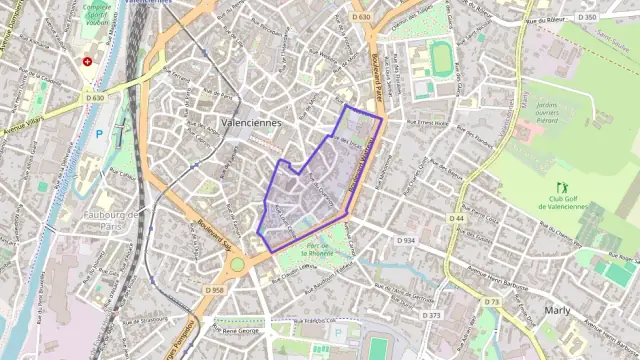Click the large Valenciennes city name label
coord(249,122)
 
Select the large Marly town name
coord(557,310)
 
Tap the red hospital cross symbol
coord(87,61)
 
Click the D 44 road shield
coord(457,217)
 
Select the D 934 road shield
coord(406,241)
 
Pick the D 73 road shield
coord(492,301)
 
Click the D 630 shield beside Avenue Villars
coord(94,98)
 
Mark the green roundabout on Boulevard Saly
coord(237,265)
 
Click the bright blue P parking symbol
coord(98,133)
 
